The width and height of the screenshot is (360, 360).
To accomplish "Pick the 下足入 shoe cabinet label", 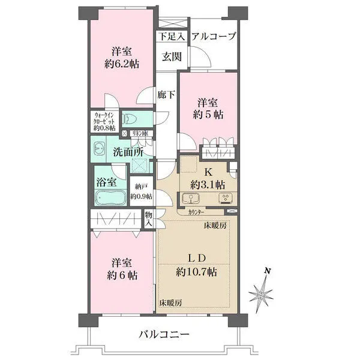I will point(171,37).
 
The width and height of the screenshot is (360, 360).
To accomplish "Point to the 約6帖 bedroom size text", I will point(120,275).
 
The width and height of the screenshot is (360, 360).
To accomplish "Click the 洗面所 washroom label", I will point(128,151).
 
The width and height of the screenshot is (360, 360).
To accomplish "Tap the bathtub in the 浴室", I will point(109,198).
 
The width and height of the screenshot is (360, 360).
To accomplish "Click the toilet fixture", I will point(131,118).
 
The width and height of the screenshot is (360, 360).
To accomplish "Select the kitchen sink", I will point(193,198).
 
